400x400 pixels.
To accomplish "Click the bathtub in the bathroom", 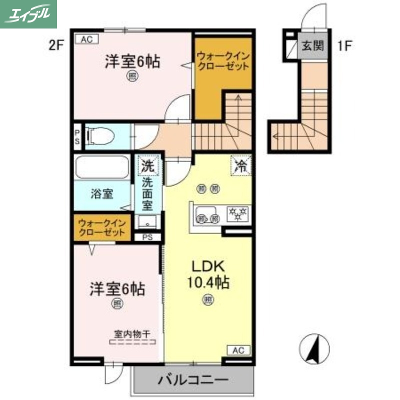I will click(102, 167).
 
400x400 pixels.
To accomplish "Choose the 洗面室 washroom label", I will click(147, 191).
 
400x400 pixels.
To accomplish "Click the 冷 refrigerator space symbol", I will click(241, 166).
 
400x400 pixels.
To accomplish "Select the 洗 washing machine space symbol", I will click(147, 166).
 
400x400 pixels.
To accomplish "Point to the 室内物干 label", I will click(132, 333).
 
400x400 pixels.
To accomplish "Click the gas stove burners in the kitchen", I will click(238, 214).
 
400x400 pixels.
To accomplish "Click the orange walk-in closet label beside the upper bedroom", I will click(221, 61).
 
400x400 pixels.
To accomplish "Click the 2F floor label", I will click(56, 46).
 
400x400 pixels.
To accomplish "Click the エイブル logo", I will click(28, 13).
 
